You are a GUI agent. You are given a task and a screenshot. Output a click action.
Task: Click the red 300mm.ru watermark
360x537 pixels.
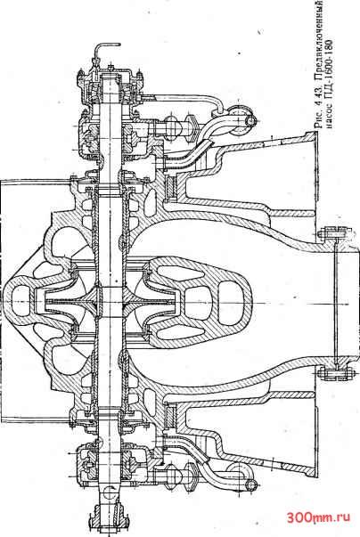318,517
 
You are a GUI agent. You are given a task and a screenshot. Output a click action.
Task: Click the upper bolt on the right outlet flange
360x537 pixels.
335,233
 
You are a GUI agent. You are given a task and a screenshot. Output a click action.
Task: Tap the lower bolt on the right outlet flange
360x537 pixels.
335,373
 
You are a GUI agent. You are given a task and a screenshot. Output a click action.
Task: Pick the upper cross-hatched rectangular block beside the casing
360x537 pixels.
170,187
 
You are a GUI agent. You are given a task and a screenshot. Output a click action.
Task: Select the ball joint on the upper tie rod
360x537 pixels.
173,126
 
